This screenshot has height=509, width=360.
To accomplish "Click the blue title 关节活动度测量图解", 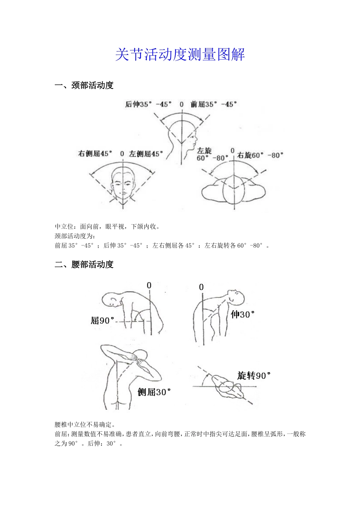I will click(180, 55).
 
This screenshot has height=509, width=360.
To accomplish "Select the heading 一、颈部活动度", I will click(84, 86).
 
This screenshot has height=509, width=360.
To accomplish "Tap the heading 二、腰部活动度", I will click(84, 264).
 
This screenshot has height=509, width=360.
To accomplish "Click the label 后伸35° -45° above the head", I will click(148, 104).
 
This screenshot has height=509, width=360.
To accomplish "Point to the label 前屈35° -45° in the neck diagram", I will click(214, 104).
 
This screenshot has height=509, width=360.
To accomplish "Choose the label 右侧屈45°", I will click(95, 154).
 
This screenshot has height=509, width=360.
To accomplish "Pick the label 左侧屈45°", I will click(146, 154).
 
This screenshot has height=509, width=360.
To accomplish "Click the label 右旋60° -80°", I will click(260, 155).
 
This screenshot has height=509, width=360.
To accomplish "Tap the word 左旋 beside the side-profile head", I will click(204, 151).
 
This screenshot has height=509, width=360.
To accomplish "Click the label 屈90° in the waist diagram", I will click(102, 321).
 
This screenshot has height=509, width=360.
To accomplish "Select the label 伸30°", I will click(243, 314).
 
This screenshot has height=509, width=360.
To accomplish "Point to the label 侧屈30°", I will click(154, 392).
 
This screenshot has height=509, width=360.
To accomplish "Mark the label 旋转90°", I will click(254, 376).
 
